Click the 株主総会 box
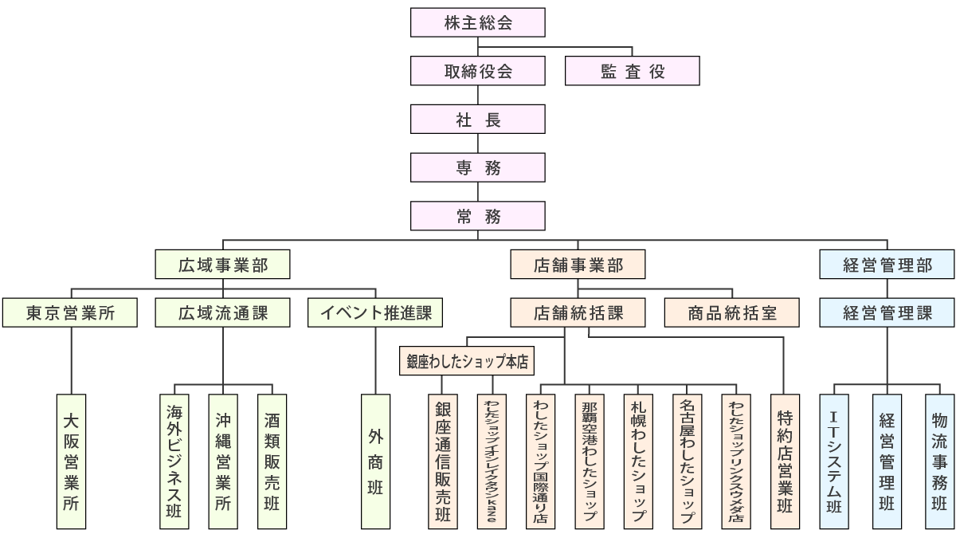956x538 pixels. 478,22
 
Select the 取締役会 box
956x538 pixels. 478,71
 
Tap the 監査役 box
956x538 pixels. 632,71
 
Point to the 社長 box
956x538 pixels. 478,120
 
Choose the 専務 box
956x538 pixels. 478,167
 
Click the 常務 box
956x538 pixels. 478,215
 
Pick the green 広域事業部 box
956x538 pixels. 222,265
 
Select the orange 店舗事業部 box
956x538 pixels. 578,265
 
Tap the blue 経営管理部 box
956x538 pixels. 887,265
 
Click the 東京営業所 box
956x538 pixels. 70,312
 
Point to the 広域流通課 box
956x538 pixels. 222,312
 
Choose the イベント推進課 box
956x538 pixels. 374,312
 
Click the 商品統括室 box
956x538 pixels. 732,312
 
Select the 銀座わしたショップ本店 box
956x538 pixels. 467,361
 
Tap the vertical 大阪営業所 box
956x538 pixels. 71,461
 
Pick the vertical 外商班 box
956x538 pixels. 375,461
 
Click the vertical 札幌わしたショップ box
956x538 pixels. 638,461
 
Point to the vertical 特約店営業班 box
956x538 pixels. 785,461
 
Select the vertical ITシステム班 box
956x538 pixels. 834,461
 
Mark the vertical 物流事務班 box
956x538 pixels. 939,461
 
